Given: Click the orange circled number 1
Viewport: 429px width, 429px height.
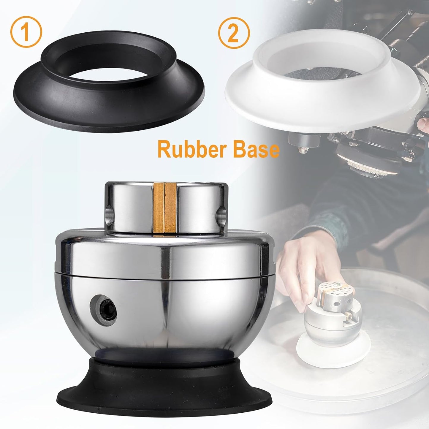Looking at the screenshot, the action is (x=26, y=32).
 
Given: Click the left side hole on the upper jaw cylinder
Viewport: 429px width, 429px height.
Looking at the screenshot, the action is (x=109, y=215).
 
